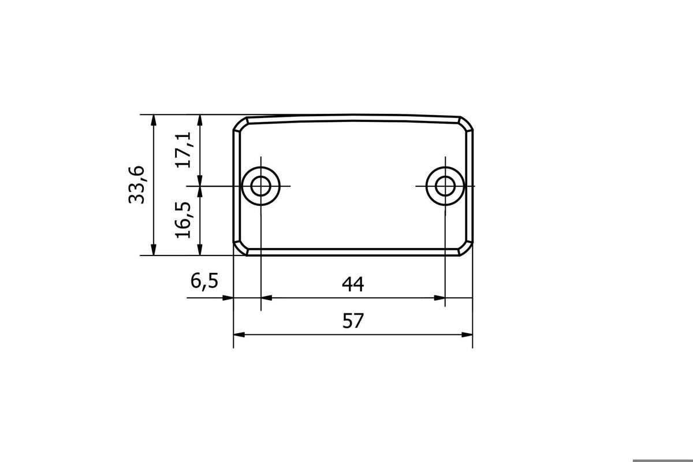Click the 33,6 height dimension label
tap(136, 185)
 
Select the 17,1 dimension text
tap(183, 150)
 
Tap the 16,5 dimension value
tap(183, 220)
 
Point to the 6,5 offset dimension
tap(204, 281)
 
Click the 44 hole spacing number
tap(353, 284)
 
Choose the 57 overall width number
tap(353, 321)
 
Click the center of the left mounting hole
tap(261, 186)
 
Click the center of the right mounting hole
tap(445, 186)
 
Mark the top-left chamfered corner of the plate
tap(241, 124)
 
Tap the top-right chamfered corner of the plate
tap(466, 124)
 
